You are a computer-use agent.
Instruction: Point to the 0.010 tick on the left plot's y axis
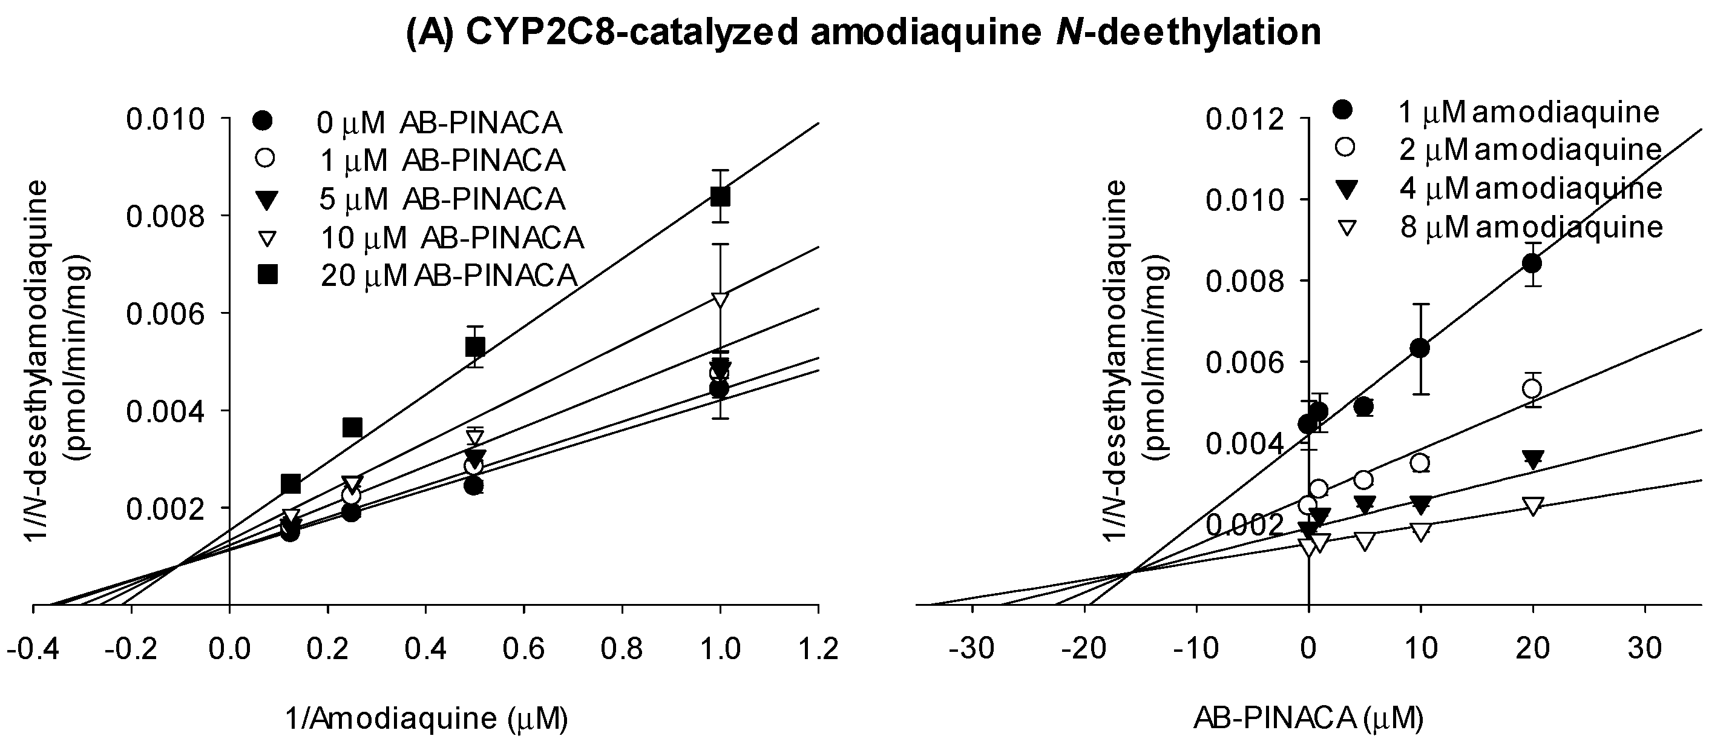coord(165,120)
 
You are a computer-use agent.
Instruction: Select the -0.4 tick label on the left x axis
coord(31,649)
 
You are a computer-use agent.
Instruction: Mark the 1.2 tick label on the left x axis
coord(818,649)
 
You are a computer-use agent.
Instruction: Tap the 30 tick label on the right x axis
coord(1645,649)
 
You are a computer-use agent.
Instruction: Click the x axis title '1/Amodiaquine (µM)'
coord(426,719)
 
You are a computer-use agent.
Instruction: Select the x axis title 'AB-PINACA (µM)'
coord(1308,719)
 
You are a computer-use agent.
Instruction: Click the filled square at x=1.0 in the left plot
coord(720,196)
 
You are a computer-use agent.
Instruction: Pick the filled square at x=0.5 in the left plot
coord(474,347)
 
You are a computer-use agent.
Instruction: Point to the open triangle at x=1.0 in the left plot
coord(720,299)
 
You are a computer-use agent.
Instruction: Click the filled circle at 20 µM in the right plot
coord(1533,263)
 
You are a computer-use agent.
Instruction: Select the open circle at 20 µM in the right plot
coord(1533,389)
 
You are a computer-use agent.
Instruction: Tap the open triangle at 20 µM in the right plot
coord(1533,506)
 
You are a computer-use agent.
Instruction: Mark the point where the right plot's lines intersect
coord(1131,572)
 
